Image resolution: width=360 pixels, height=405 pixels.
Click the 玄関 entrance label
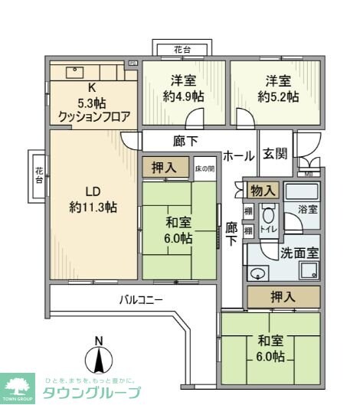[x=276, y=154]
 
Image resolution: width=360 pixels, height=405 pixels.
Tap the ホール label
[x=239, y=155]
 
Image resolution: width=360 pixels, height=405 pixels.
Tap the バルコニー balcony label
[x=140, y=299]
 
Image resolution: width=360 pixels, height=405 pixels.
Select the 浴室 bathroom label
[x=306, y=207]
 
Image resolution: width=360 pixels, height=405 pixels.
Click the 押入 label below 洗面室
[x=283, y=296]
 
